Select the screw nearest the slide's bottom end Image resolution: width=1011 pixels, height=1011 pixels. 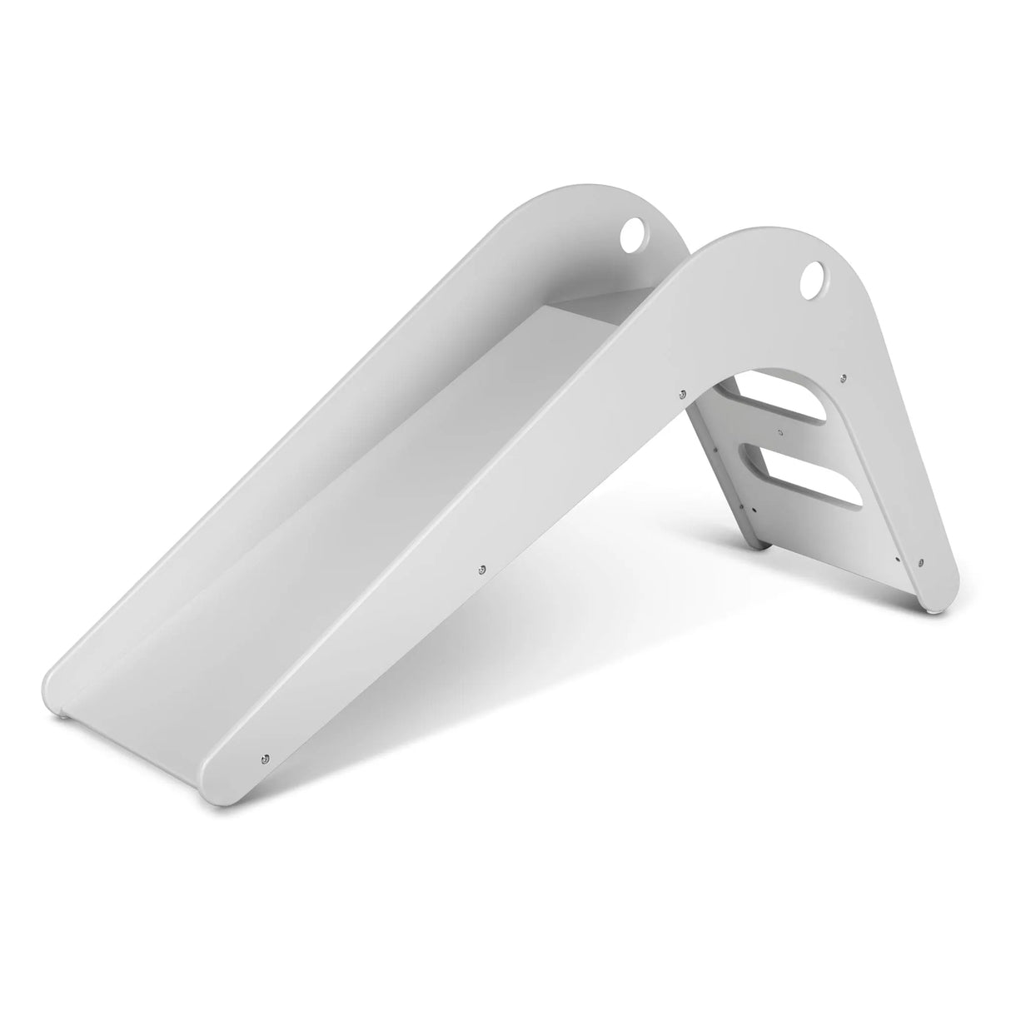(x=266, y=735)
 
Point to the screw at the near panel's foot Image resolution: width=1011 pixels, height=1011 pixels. (x=921, y=560)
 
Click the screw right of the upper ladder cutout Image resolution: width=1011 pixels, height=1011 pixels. (x=844, y=377)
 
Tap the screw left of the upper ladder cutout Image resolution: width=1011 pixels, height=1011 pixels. (x=683, y=393)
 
